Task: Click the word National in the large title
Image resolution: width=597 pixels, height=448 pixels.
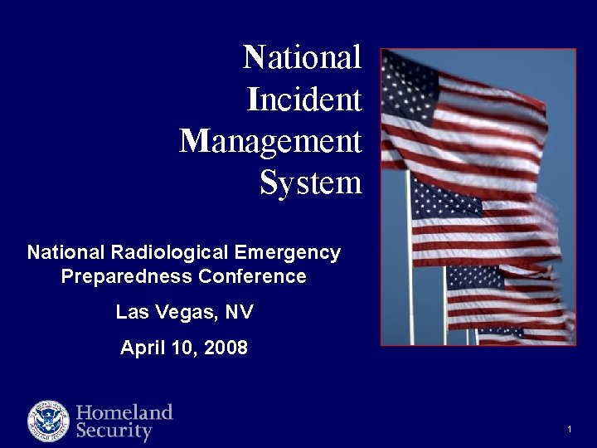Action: click(x=302, y=58)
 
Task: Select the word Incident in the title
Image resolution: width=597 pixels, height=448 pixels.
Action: click(x=304, y=100)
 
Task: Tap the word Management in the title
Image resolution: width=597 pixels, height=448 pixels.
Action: click(x=270, y=142)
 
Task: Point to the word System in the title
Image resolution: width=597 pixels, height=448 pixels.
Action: click(x=310, y=183)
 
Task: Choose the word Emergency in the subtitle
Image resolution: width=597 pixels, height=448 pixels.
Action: click(x=288, y=252)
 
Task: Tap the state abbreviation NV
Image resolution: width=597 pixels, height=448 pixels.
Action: click(x=239, y=313)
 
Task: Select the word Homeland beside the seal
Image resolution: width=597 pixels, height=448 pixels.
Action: click(x=124, y=412)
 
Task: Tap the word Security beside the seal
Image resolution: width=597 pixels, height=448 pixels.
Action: click(x=114, y=431)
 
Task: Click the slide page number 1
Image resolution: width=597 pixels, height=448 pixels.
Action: click(x=570, y=429)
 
